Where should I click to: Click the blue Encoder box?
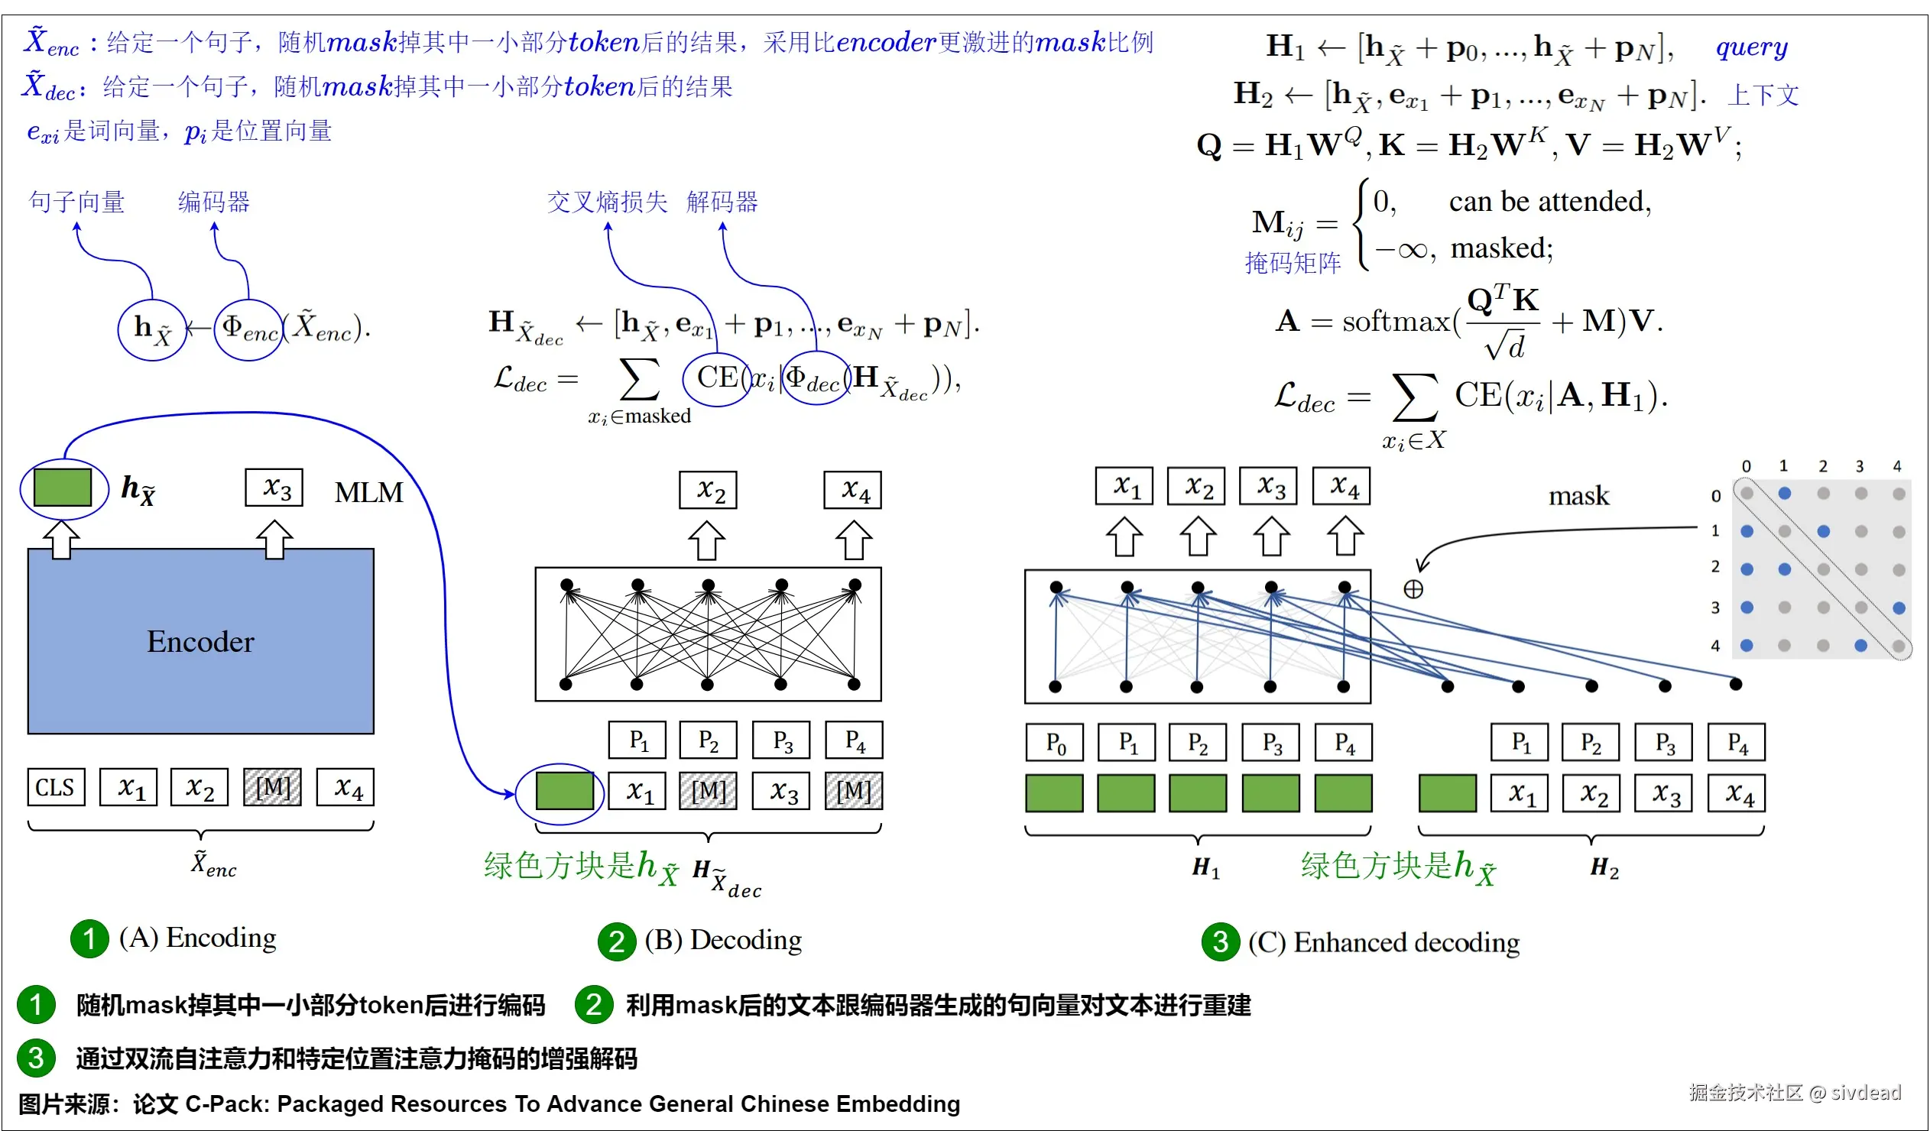(201, 641)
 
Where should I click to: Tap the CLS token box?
(55, 787)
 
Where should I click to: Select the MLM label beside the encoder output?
(368, 492)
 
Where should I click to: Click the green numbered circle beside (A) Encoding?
(89, 938)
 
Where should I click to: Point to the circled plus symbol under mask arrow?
(1413, 589)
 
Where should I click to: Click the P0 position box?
(1055, 742)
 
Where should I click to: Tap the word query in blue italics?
(1752, 47)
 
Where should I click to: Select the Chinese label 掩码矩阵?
(1293, 263)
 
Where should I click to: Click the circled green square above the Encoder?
(63, 488)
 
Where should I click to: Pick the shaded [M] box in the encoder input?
(273, 787)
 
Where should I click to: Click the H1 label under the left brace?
(1205, 867)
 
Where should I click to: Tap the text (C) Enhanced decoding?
(1383, 941)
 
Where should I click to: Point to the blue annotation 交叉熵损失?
(607, 203)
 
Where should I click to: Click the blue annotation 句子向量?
(76, 203)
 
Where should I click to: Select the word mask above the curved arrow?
(1578, 496)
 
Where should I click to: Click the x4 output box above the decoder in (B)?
(852, 490)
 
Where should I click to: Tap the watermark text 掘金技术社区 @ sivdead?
(1795, 1092)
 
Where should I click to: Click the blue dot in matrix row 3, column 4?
(1899, 608)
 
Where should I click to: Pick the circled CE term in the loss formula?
(716, 378)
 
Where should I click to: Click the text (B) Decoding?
(722, 940)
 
